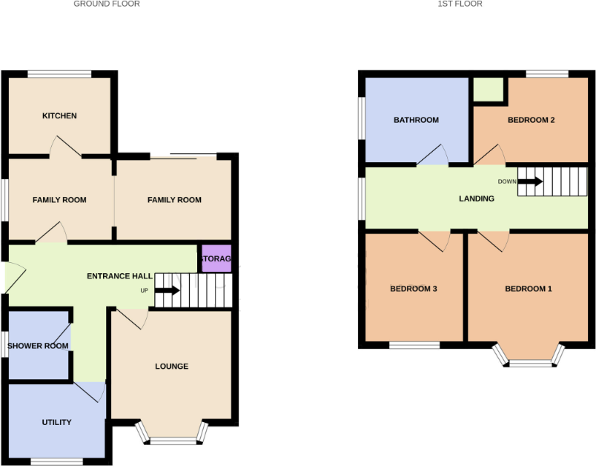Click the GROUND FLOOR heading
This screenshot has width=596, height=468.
point(107,4)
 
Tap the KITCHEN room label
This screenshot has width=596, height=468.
point(59,116)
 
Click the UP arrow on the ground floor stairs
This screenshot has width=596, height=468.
point(167,290)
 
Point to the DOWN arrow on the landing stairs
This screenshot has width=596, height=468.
point(530,181)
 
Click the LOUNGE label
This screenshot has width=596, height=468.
point(171,366)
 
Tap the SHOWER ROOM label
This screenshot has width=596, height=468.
point(38,345)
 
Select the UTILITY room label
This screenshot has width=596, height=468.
point(56,422)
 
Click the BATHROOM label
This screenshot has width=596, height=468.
point(416,120)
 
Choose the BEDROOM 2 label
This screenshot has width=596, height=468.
point(531,120)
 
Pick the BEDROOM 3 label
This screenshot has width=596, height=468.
point(413,288)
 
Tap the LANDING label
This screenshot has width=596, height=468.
point(477,198)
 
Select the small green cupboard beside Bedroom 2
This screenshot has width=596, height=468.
point(488,90)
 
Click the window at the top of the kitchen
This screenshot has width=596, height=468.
point(60,73)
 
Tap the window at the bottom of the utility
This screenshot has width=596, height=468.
point(56,463)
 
